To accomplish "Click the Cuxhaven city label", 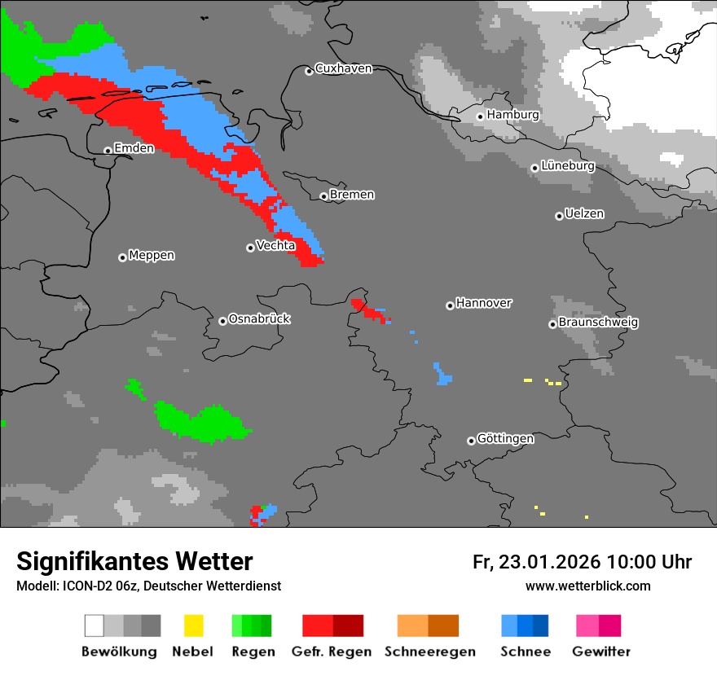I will coord(343,68).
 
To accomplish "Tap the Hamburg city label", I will coord(512,115).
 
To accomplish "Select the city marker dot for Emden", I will coord(108,150).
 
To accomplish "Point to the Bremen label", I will coord(352,195).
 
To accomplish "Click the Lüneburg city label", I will coord(568,166).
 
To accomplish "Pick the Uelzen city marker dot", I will coord(559,216).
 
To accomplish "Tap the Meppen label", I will coord(152,256).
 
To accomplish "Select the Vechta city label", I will coord(275,245).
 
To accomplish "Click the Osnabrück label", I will coord(259,319).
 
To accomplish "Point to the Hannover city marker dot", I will coord(450,305).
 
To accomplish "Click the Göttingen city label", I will coord(505,439).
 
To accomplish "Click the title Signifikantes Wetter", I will coord(134,561).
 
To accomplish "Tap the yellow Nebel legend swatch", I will coord(194,626).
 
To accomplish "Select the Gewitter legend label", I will coord(601,652).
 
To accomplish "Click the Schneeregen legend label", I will coord(430,652).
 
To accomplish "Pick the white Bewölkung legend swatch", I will coord(95,626).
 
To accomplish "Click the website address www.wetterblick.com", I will coord(587,586).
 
